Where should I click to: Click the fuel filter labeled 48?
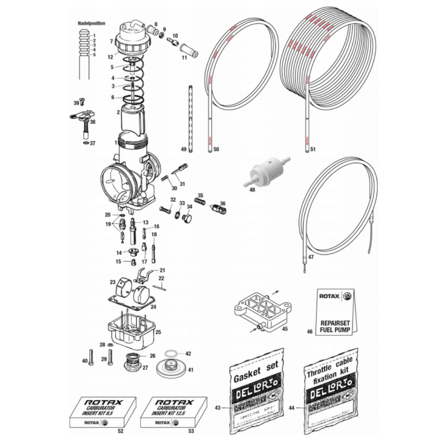click(265, 172)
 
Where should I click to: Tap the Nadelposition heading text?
click(90, 23)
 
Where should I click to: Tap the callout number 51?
click(313, 149)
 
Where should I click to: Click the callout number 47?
click(311, 256)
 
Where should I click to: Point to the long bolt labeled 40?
click(91, 357)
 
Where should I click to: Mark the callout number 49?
click(183, 149)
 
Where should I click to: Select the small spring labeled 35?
click(200, 202)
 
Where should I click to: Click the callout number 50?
click(216, 149)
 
